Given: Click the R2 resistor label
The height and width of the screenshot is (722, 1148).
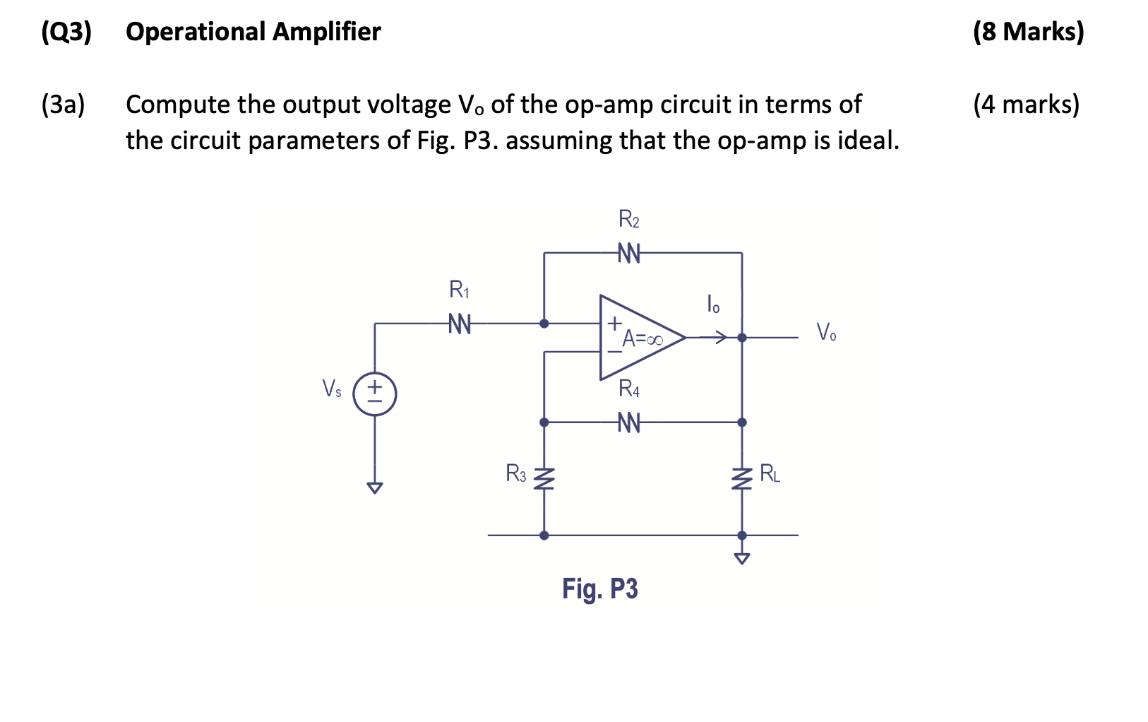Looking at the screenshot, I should coord(628,220).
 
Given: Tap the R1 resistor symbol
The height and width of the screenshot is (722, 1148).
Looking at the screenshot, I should coord(460,324).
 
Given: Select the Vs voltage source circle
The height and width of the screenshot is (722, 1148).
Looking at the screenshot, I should coord(374,394).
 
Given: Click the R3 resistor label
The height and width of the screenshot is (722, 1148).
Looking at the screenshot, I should coord(516,473).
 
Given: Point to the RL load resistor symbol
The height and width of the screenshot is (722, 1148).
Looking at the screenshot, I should coord(741,480).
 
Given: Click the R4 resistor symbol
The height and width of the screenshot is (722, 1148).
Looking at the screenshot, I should coord(628,422).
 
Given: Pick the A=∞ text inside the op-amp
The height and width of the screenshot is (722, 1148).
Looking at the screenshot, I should coord(642,340).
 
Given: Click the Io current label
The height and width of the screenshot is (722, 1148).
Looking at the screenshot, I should coord(713,304).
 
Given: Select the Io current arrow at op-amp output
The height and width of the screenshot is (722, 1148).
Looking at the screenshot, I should coord(713,338).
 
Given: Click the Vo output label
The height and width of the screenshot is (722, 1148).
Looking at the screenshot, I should coord(825,332).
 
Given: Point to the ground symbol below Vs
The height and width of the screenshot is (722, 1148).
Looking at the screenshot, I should coord(374,487).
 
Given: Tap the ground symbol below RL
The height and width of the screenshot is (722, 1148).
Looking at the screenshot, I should coord(741,558).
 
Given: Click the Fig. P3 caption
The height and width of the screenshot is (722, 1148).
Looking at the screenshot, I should coord(599,588).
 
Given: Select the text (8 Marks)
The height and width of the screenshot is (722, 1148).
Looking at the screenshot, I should coord(1028,32).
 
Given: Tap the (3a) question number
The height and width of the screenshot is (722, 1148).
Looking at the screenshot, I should coord(63,105).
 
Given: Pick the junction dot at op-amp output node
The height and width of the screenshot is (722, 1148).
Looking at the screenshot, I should coord(741,338).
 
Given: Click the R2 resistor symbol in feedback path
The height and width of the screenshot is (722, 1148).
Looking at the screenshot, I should coord(628,253).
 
